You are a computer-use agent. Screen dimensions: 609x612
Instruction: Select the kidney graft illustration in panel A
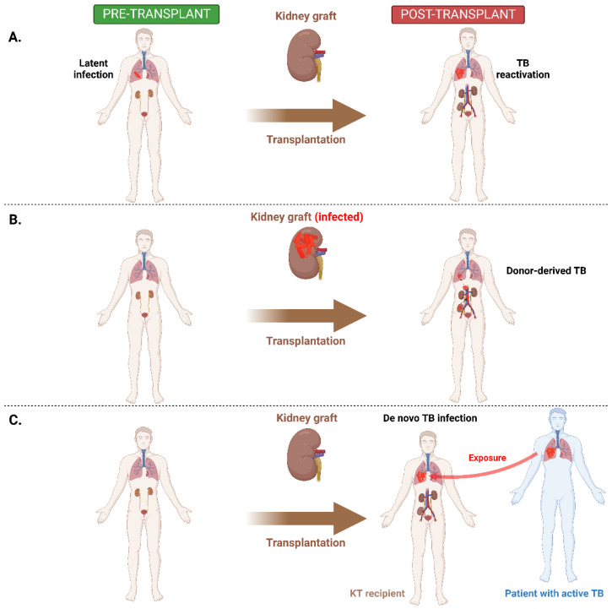click(306, 62)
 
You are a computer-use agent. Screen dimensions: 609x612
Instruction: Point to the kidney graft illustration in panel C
click(306, 458)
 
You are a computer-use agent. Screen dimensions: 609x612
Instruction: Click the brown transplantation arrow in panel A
click(306, 115)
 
